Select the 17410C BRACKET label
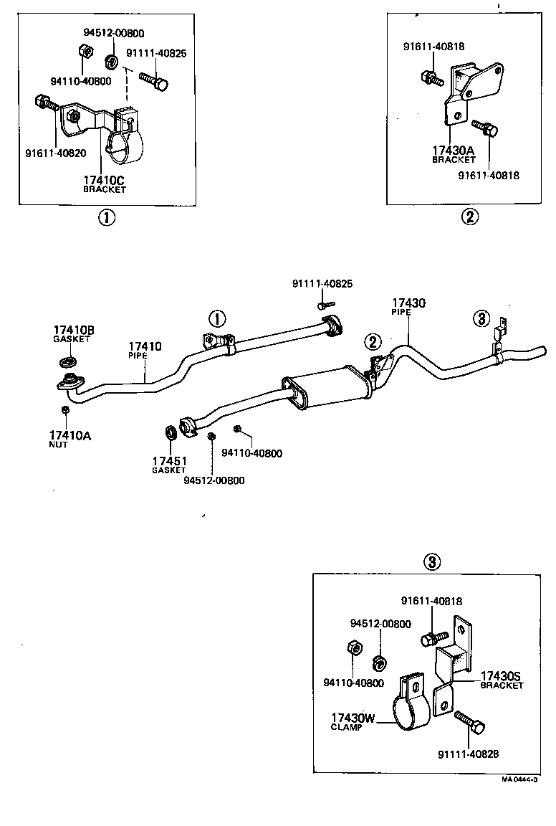point(105,184)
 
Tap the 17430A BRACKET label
point(453,154)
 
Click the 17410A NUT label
point(69,439)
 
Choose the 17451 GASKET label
point(168,465)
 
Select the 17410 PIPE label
point(145,350)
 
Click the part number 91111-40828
point(468,754)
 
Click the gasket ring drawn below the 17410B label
point(70,358)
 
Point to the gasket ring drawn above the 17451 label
point(171,432)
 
